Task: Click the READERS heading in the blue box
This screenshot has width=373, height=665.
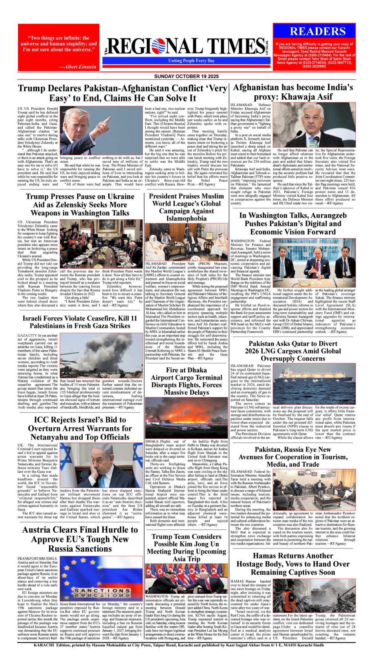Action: [x=318, y=31]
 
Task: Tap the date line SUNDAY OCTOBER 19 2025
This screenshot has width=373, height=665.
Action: [x=186, y=76]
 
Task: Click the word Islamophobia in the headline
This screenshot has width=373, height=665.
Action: [x=186, y=219]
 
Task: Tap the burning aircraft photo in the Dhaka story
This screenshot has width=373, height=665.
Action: [x=186, y=417]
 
